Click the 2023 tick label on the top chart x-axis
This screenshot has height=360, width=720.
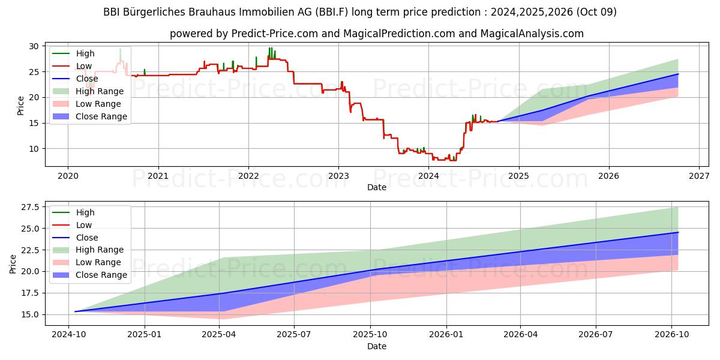point(338,176)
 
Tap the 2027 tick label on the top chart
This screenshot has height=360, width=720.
point(699,176)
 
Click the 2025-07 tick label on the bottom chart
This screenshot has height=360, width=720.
point(294,335)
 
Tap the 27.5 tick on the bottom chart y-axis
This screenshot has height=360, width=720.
point(29,207)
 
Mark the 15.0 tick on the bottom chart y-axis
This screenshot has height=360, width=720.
point(29,314)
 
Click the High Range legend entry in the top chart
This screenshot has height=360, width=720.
point(99,91)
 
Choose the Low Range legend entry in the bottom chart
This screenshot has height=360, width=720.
point(98,262)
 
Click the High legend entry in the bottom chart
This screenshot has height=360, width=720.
point(85,212)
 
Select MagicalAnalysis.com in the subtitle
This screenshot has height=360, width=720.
point(532,34)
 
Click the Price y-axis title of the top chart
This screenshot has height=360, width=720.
point(20,106)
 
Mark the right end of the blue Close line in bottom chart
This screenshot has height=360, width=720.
point(678,232)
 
